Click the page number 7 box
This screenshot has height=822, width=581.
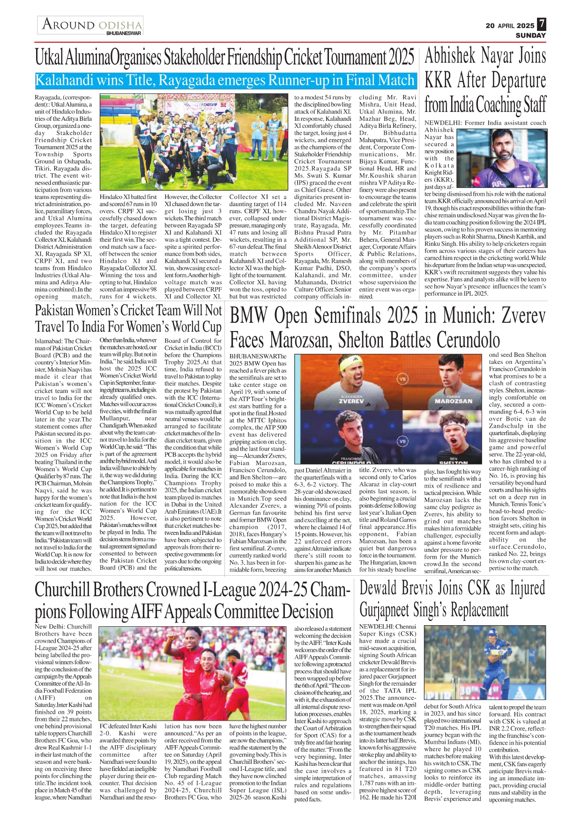pos(541,24)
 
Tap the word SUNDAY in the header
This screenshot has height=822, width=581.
pos(530,36)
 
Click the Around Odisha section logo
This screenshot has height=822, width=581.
pos(91,24)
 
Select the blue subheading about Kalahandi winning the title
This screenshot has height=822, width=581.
pos(225,81)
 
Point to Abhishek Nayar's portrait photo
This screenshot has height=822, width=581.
pos(501,158)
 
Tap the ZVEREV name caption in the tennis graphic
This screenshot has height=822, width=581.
pos(351,401)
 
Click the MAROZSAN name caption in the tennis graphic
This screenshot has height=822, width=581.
pos(453,401)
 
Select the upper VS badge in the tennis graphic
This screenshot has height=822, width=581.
pos(402,378)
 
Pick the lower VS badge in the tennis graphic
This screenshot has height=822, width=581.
pos(402,441)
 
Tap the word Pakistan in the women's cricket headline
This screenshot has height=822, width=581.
pos(55,310)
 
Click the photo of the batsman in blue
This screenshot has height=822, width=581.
pos(484,663)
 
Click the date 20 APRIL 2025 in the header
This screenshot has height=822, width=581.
pos(510,26)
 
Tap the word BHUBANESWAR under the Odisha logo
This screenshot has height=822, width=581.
pos(124,33)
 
